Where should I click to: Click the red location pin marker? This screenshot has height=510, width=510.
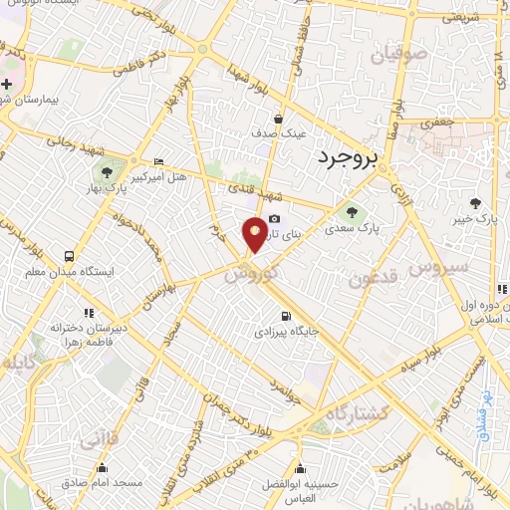coord(255,233)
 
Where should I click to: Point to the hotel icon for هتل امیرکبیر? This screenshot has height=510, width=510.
coord(159,162)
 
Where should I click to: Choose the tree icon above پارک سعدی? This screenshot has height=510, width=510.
coord(351,211)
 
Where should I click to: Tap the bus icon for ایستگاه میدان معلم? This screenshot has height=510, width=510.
coord(68,255)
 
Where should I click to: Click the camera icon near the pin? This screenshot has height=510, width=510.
coord(274,219)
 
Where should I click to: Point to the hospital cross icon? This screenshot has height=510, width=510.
coord(7,85)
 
